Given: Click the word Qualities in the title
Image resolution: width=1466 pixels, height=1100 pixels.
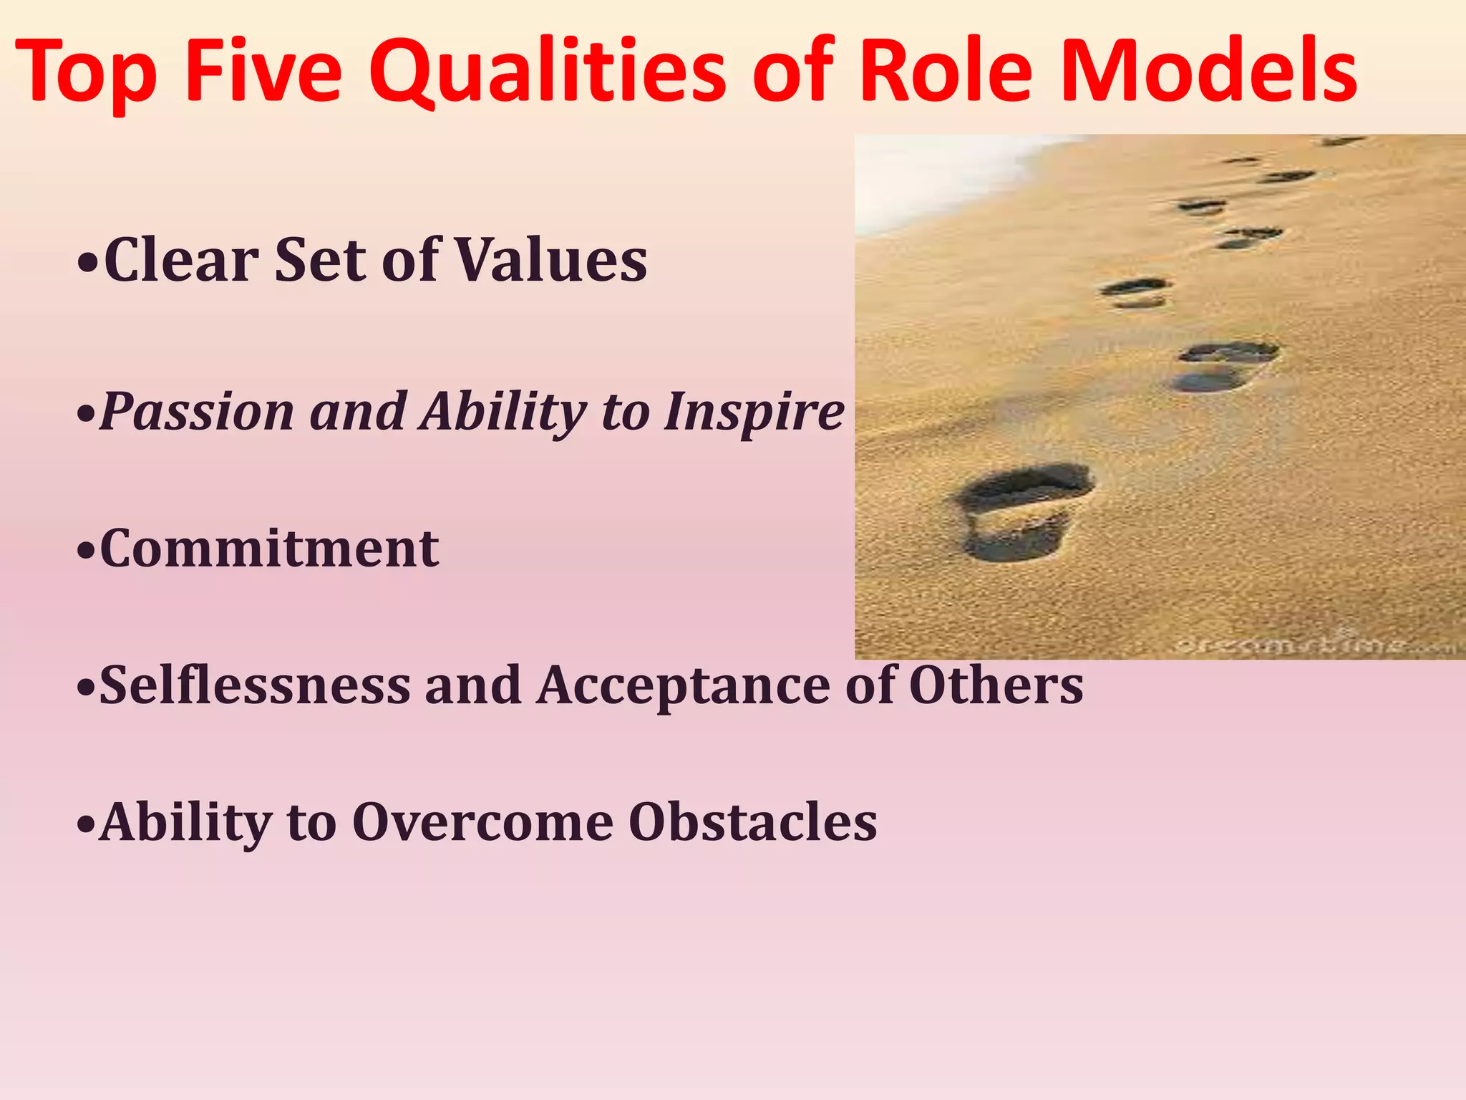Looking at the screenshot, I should (x=548, y=72).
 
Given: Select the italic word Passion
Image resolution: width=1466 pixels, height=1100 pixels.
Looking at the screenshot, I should (x=197, y=412).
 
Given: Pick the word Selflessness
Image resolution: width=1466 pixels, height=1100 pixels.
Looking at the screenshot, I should (x=255, y=685).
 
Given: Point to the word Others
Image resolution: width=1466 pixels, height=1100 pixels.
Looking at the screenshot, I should (x=996, y=685).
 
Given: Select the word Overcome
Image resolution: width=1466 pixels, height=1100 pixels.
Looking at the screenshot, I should (x=482, y=822).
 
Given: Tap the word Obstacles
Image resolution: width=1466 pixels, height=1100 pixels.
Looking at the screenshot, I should (x=752, y=822).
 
